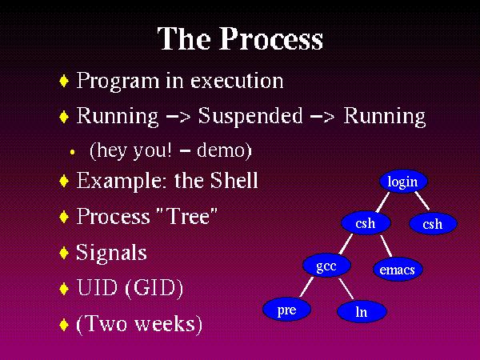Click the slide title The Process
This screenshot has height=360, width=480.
[240, 39]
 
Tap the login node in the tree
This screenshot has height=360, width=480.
[402, 182]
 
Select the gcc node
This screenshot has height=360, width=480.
[326, 266]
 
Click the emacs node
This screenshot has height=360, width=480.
[397, 270]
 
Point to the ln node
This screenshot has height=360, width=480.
[361, 312]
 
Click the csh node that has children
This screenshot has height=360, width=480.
[365, 223]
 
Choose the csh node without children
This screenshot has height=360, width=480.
[432, 224]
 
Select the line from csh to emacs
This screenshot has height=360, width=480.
[385, 246]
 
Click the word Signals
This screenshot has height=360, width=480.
[111, 253]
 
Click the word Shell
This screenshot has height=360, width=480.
[233, 181]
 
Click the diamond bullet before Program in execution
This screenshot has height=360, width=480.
[65, 82]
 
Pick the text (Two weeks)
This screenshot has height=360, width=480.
[139, 324]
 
